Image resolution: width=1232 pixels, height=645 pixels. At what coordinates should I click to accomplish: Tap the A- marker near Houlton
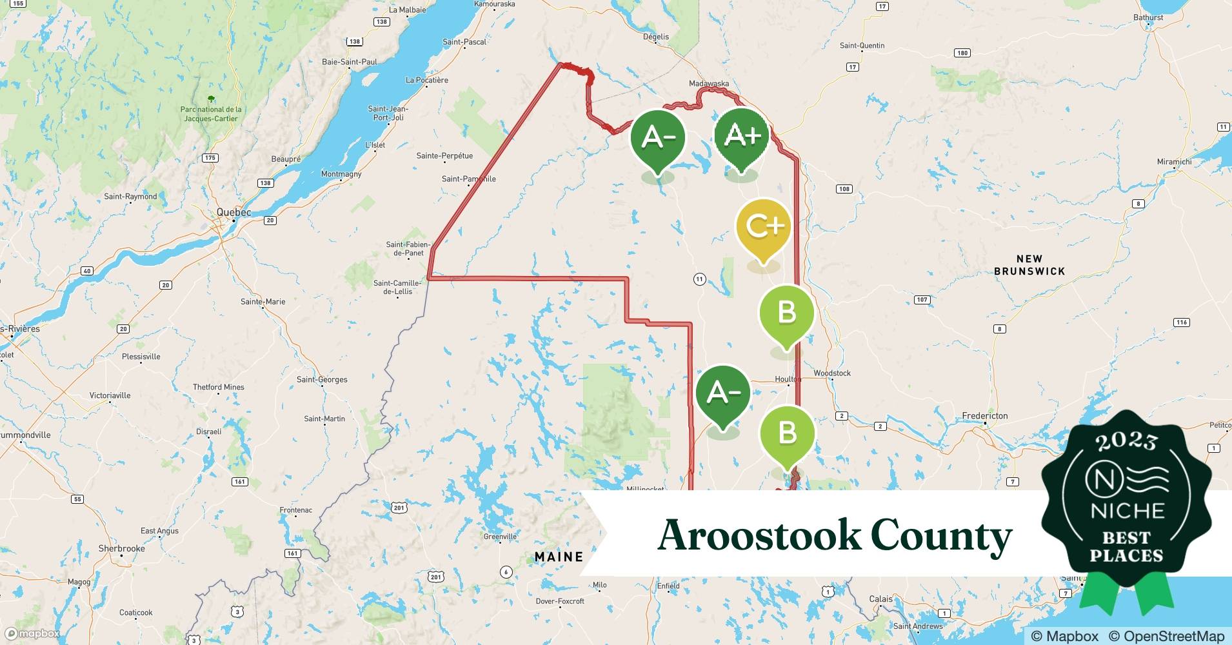(723, 393)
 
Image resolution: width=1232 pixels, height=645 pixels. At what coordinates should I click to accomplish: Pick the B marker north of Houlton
(786, 313)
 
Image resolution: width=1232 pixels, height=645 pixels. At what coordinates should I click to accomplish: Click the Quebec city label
(233, 212)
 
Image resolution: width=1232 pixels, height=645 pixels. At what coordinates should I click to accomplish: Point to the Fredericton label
(984, 416)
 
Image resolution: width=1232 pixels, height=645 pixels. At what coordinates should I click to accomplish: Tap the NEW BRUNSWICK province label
(1029, 265)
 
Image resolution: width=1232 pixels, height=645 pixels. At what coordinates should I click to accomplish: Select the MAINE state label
(559, 557)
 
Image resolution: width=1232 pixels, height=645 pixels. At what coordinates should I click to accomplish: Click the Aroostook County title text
(835, 535)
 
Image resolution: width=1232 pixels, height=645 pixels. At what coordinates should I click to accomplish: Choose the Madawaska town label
(708, 84)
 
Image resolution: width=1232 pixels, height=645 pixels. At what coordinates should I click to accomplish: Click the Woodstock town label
(832, 373)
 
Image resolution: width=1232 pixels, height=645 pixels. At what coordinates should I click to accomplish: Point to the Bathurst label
(1148, 17)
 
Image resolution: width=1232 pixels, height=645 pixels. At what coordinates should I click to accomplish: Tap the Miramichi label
(1174, 162)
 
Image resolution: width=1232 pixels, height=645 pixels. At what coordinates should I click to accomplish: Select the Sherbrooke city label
(121, 549)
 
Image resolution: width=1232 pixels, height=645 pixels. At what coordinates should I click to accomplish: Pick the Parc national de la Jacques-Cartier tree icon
(211, 99)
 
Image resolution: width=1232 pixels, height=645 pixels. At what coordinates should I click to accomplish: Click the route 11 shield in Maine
(699, 279)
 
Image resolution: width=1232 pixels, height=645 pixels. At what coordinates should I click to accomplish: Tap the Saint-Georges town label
(322, 380)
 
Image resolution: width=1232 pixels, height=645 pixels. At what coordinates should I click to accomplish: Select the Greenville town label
(500, 537)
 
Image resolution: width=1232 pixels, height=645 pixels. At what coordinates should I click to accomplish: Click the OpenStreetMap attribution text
(1166, 636)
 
